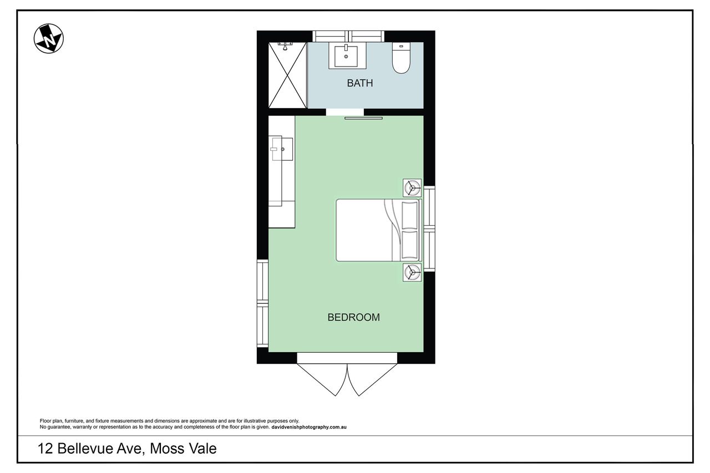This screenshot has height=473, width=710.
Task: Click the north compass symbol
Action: click(x=48, y=38)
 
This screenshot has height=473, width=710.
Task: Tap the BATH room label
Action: click(x=360, y=83)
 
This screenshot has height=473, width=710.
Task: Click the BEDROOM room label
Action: click(x=353, y=317)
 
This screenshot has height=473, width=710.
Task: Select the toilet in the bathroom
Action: click(x=401, y=58)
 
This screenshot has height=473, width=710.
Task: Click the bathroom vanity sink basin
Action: click(x=346, y=57)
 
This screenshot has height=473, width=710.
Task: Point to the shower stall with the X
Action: click(x=287, y=75)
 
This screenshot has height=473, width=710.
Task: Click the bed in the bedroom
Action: click(x=379, y=230)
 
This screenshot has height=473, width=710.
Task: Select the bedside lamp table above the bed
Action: click(x=412, y=188)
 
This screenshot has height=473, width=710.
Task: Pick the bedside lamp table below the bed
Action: click(x=412, y=272)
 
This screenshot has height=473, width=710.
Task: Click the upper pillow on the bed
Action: click(x=410, y=216)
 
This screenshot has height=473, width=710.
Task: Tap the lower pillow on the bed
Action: click(x=410, y=245)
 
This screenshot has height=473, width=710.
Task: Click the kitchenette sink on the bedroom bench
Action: click(x=282, y=149)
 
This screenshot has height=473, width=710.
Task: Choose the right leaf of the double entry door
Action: click(x=372, y=379)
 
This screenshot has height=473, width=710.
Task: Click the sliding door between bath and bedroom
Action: click(x=363, y=118)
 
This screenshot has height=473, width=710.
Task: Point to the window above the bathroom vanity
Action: click(x=348, y=36)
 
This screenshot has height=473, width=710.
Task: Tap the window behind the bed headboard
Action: click(x=429, y=229)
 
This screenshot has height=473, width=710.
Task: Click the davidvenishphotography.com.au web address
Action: click(x=309, y=427)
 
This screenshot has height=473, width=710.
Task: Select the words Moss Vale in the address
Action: click(x=183, y=449)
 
